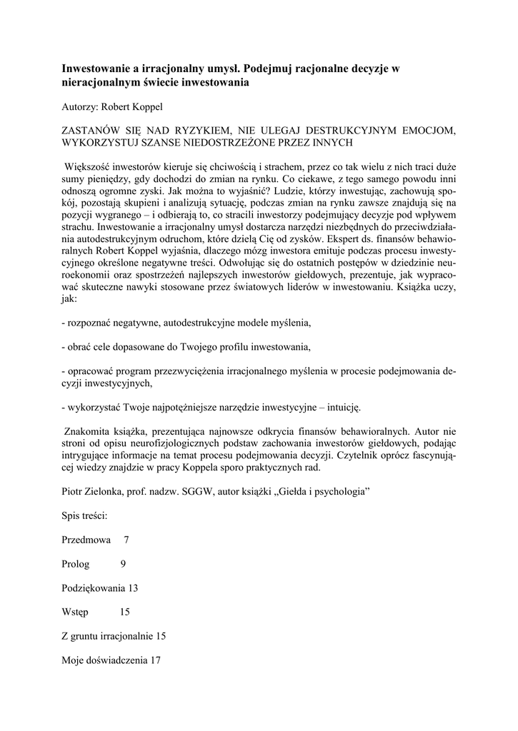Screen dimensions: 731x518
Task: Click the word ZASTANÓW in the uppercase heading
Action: tap(92, 130)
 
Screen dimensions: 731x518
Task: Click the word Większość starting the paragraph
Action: tap(91, 166)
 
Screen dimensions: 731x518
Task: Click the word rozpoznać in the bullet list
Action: tap(91, 323)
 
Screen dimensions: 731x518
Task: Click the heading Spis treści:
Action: tap(85, 515)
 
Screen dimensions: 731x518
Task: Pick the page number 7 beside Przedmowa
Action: tap(127, 540)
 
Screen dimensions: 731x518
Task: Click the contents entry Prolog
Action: tap(76, 564)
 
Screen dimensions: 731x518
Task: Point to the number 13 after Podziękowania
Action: tap(132, 588)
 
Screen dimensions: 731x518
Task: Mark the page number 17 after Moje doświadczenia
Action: tap(155, 661)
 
